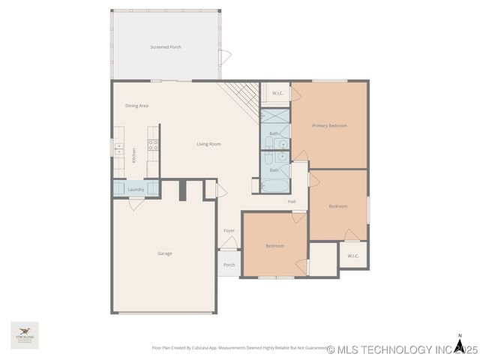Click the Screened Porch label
166,47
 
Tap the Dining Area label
136,106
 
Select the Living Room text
208,144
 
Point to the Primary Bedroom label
330,125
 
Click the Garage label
165,253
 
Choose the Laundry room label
136,190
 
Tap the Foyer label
229,230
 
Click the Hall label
292,201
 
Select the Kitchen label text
134,155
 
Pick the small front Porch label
229,265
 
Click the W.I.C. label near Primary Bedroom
277,93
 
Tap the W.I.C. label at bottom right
353,256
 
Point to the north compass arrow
459,344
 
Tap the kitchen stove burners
153,145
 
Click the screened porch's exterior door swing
224,57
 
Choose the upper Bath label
274,133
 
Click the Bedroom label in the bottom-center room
275,246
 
